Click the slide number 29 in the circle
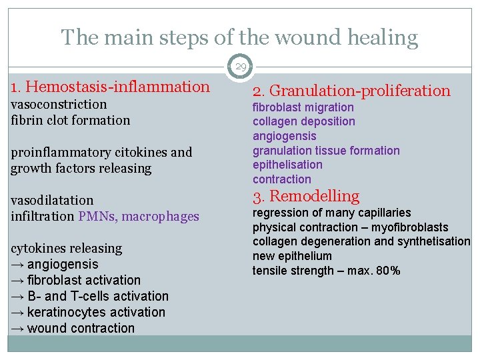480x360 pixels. pyautogui.click(x=240, y=67)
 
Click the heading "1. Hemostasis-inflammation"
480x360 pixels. pyautogui.click(x=110, y=86)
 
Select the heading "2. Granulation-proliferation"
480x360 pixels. pyautogui.click(x=351, y=91)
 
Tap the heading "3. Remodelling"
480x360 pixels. pyautogui.click(x=305, y=196)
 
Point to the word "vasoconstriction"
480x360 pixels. pyautogui.click(x=59, y=104)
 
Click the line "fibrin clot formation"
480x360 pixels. pyautogui.click(x=71, y=120)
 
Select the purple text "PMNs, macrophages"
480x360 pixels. pyautogui.click(x=139, y=216)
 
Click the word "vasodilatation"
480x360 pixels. pyautogui.click(x=52, y=200)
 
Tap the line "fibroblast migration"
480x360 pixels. pyautogui.click(x=303, y=107)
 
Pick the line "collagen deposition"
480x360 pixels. pyautogui.click(x=304, y=121)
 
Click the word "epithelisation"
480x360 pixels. pyautogui.click(x=287, y=165)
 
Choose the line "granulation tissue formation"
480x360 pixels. pyautogui.click(x=326, y=151)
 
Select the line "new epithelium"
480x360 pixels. pyautogui.click(x=292, y=256)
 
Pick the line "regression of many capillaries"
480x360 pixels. pyautogui.click(x=331, y=213)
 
